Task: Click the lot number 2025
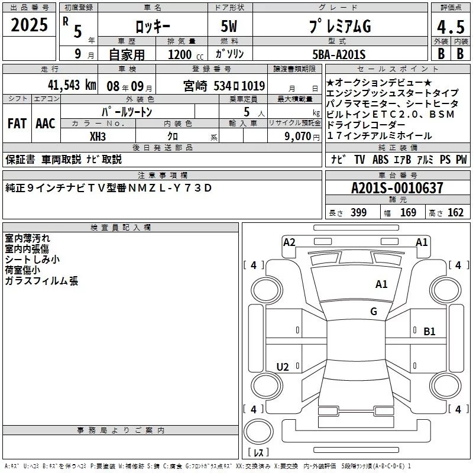click(29, 25)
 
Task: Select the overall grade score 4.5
click(451, 27)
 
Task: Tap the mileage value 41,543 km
click(72, 85)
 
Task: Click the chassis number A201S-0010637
click(397, 188)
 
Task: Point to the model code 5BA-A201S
click(339, 54)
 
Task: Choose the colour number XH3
click(98, 137)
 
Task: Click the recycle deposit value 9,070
click(298, 137)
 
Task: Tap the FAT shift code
click(17, 124)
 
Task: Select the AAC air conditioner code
click(46, 124)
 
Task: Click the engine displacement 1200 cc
click(186, 54)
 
